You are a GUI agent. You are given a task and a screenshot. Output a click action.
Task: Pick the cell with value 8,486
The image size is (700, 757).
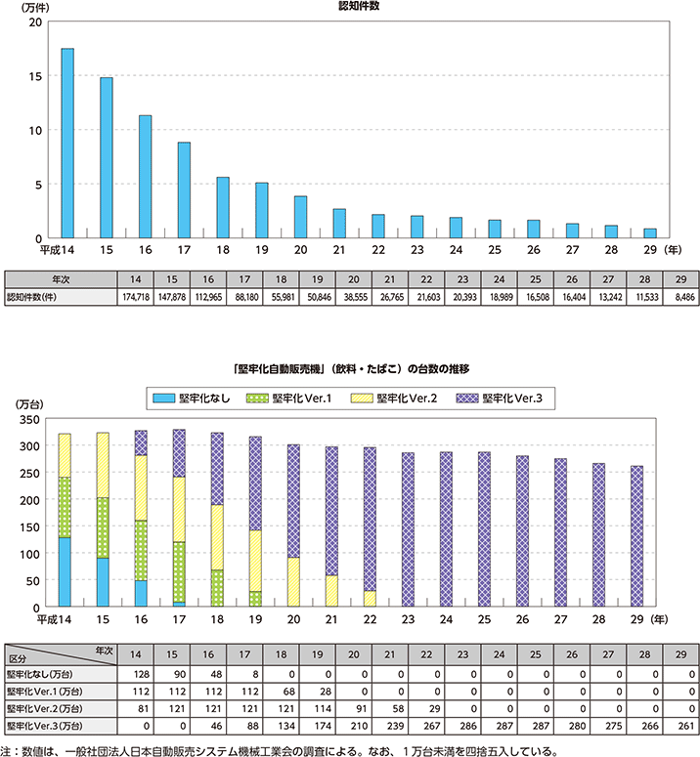pos(676,296)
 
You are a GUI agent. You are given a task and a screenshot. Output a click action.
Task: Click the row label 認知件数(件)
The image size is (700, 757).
pos(39,296)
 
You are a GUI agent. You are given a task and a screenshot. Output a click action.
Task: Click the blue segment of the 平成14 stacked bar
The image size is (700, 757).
pos(66,571)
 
